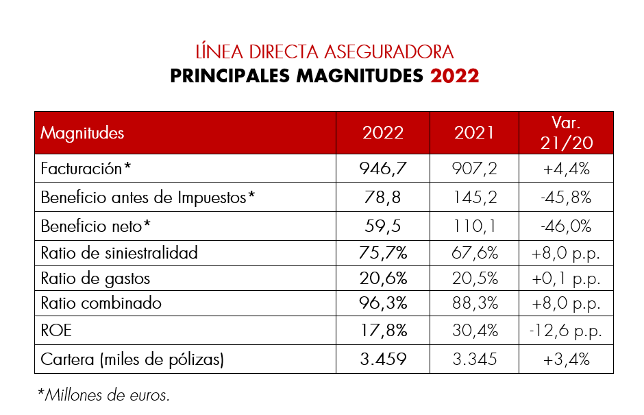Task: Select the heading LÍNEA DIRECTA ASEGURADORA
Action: [324, 52]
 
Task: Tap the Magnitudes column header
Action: [82, 132]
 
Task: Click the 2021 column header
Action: [474, 132]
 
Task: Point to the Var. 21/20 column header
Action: [566, 132]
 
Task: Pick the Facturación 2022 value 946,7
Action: [383, 169]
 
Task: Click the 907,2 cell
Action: [474, 169]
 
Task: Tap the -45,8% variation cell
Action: [566, 198]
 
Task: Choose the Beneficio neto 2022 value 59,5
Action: [383, 226]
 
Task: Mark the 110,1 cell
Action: [474, 226]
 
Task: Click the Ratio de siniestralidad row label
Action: [119, 252]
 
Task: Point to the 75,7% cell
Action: [383, 252]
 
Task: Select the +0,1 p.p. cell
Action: [566, 278]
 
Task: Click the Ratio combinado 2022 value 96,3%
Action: [383, 303]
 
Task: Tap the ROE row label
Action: [56, 331]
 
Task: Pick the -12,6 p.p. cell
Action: [566, 331]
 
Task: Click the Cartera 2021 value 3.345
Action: [474, 359]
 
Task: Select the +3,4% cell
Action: [566, 359]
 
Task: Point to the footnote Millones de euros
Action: [104, 394]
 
